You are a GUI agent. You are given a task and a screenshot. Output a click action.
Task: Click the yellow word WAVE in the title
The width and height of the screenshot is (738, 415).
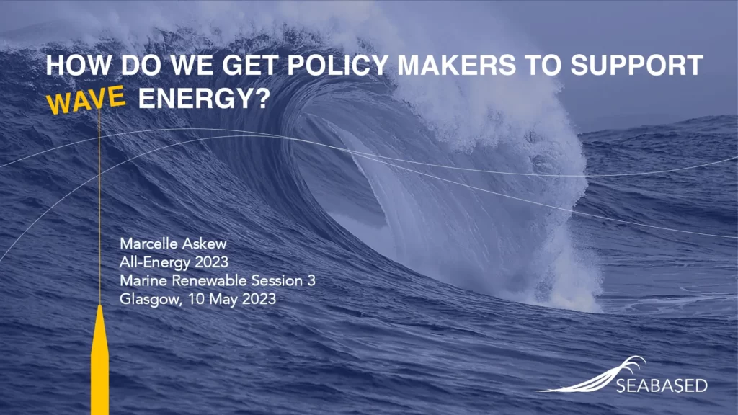click(87, 101)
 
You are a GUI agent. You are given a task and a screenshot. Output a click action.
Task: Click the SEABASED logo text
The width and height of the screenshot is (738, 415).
click(661, 385)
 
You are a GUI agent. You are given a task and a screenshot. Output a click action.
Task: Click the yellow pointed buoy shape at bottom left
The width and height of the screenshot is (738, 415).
click(99, 360)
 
